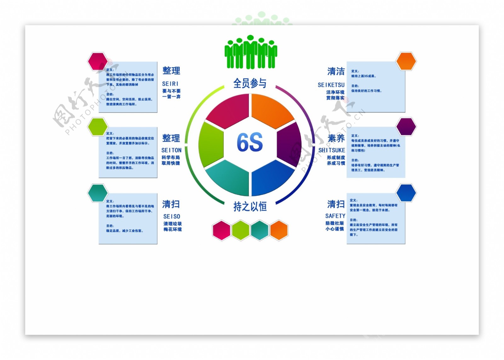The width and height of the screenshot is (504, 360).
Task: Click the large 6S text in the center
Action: pos(250,142)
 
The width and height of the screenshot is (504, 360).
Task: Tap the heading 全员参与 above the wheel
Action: pos(250,83)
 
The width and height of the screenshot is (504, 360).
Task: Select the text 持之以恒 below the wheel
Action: pos(250,207)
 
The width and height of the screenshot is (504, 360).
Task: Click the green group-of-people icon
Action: pos(250,52)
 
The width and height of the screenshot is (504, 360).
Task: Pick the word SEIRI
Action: pos(170,84)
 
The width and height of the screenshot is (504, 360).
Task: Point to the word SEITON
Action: pos(171,150)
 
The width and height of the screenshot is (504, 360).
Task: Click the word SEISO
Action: pos(172,216)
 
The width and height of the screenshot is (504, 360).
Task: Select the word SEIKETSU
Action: pos(331,85)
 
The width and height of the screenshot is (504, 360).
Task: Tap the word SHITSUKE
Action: pos(332,150)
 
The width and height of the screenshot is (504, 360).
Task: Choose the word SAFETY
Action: pos(335,216)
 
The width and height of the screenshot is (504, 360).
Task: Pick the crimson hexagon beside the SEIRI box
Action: pos(98,61)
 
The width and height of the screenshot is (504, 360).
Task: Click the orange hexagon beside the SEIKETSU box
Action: pos(406,61)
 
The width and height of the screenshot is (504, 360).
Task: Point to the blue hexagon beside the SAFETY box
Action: pos(406,193)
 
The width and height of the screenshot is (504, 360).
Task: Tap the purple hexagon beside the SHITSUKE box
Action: pos(406,127)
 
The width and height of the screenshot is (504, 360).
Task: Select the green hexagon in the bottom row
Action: pos(241,230)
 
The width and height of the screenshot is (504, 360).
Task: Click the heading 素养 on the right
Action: pos(336,139)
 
